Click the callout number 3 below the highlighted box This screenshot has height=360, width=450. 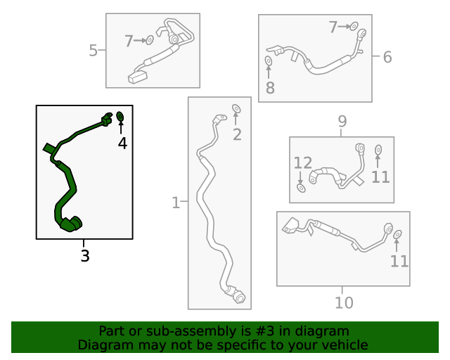85,256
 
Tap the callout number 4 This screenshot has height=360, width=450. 122,143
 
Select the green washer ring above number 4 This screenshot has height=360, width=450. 120,116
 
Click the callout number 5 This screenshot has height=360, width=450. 94,50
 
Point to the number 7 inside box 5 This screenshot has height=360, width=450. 129,41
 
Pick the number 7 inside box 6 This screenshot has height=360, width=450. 333,27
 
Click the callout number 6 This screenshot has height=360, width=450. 387,57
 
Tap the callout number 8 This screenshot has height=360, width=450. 270,88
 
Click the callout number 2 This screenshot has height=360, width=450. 237,134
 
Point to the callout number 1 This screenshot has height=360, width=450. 176,203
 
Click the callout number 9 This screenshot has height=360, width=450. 342,122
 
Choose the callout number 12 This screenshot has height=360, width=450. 302,163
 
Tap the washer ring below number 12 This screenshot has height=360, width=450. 301,187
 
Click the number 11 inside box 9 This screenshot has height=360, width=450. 380,177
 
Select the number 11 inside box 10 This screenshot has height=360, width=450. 399,262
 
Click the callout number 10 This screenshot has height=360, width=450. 344,303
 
